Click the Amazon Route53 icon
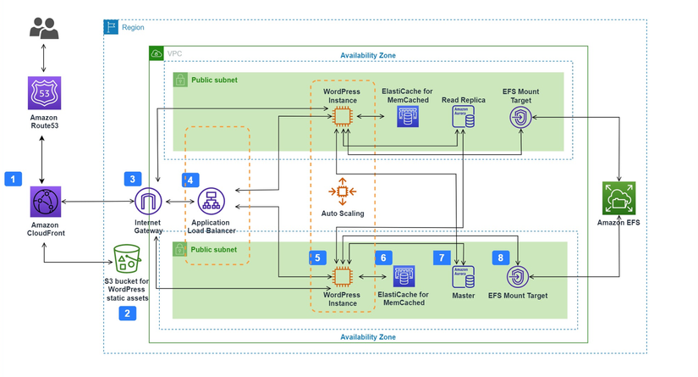[44, 92]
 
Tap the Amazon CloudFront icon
[44, 202]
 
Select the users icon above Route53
[44, 30]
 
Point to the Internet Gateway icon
[149, 202]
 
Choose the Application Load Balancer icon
[211, 202]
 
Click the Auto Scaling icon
[343, 191]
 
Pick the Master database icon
[463, 277]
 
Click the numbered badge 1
[14, 179]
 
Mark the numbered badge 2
[127, 313]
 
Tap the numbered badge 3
[132, 179]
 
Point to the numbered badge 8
[500, 257]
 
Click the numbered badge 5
[317, 257]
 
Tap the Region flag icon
[112, 27]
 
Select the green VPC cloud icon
[157, 53]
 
